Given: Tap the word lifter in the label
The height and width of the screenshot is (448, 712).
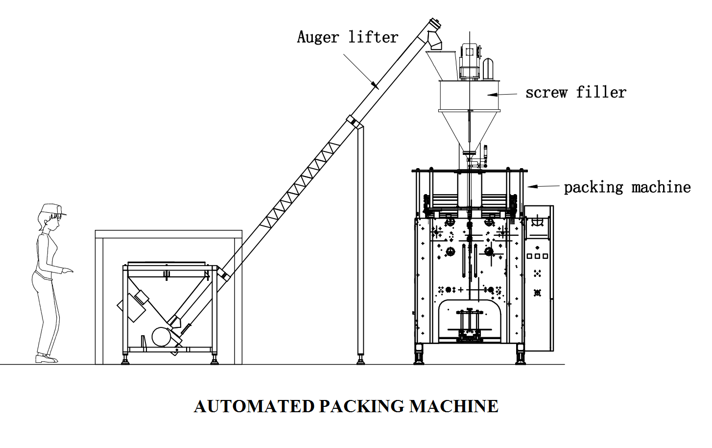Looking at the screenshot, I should click(x=373, y=37).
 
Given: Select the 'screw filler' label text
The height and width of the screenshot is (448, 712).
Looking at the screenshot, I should click(x=575, y=93).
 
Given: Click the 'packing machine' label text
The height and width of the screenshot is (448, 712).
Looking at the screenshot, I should click(x=627, y=187).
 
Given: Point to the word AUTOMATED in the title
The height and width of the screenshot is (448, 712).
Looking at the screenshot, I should click(x=254, y=406).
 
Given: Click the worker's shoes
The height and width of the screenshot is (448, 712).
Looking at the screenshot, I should click(x=46, y=359).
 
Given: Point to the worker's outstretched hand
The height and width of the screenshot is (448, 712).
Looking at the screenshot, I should click(x=69, y=270).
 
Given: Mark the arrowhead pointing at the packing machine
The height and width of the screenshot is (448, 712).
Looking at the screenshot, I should click(x=531, y=187).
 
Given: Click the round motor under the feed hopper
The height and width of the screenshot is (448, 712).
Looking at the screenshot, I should click(x=161, y=337).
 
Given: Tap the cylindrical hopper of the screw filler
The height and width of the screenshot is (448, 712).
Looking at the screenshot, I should click(x=469, y=96).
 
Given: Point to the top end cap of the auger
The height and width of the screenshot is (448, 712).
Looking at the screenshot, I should click(x=434, y=23).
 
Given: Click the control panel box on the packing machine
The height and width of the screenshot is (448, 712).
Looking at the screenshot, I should click(x=538, y=277).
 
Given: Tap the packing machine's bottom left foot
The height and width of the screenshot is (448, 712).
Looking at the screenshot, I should click(x=419, y=355).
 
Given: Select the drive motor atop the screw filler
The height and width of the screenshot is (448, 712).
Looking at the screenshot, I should click(x=470, y=61).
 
